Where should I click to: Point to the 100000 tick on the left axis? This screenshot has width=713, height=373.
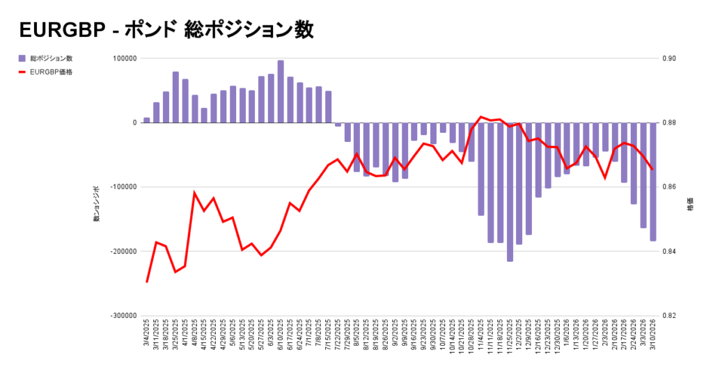123,58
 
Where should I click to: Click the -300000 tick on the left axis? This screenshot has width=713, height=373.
122,315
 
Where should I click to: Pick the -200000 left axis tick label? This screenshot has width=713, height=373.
122,251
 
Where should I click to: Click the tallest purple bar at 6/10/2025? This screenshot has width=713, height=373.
281,91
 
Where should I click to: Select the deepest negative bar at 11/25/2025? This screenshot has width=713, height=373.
510,191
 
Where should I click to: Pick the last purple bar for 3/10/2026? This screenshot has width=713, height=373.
653,182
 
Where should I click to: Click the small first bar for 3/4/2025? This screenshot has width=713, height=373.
147,120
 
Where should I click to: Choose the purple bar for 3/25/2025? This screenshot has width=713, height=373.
175,97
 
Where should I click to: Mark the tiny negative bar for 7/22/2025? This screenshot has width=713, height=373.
338,125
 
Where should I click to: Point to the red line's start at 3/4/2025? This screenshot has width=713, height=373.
147,282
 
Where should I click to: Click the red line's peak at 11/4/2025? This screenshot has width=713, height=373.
481,117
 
